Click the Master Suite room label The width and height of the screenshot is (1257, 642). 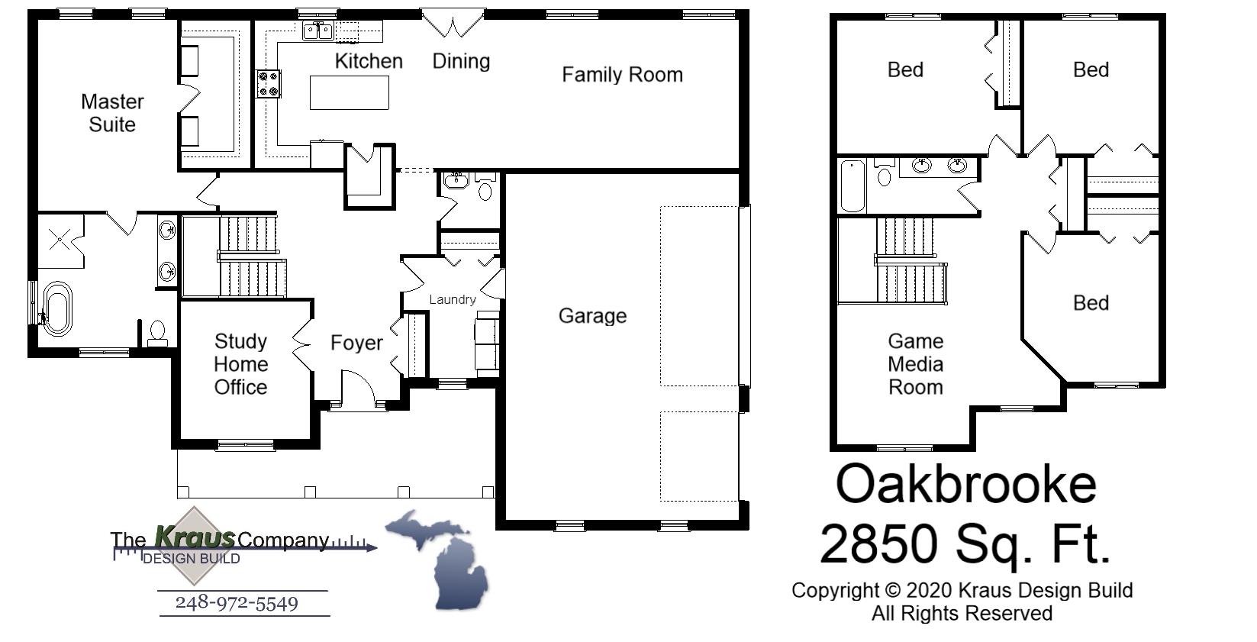[x=112, y=113]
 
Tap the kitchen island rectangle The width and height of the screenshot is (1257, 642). [x=349, y=93]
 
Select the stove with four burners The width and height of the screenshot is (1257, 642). [x=269, y=84]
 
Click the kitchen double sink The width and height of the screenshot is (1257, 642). [x=318, y=31]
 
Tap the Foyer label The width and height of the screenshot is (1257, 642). [x=356, y=343]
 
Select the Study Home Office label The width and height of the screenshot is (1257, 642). [x=240, y=364]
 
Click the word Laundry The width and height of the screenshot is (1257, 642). [x=453, y=299]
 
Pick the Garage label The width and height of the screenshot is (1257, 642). [x=592, y=315]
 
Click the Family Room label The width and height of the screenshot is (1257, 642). [x=622, y=75]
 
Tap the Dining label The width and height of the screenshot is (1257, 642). [x=461, y=61]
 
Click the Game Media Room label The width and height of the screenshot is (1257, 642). [x=915, y=364]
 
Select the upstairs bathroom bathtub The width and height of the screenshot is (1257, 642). [x=853, y=186]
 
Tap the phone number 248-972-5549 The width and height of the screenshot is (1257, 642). [x=237, y=603]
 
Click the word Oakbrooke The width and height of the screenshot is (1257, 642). [x=966, y=484]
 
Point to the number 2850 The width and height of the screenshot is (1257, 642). [x=878, y=544]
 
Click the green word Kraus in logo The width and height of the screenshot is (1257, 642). [x=195, y=537]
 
